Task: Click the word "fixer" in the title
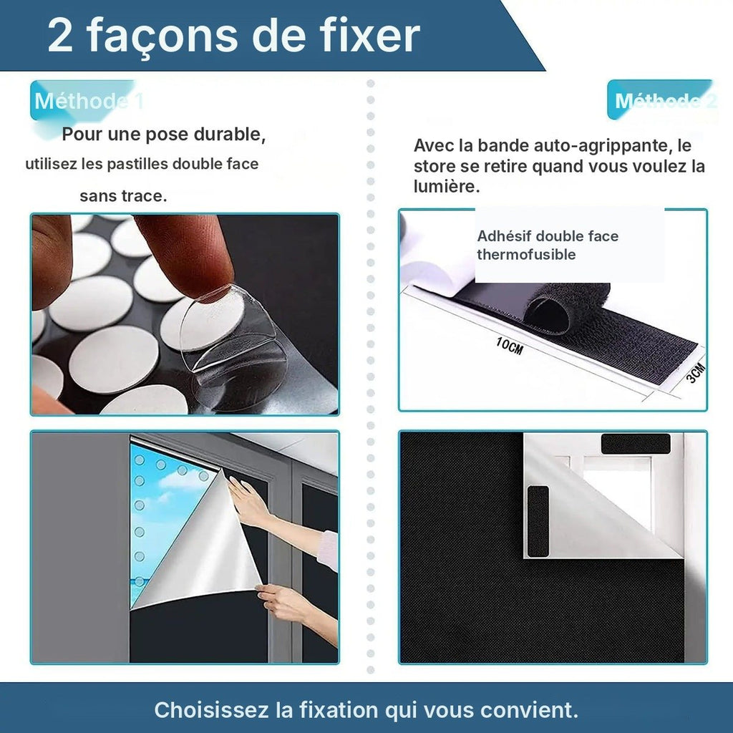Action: point(370,36)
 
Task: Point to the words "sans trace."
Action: point(123,196)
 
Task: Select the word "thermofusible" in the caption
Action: point(526,255)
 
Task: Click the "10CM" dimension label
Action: point(509,346)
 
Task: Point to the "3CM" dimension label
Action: point(696,372)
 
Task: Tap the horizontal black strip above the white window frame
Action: point(636,444)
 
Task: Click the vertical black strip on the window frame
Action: point(538,521)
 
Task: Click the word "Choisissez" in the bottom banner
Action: point(212,709)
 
